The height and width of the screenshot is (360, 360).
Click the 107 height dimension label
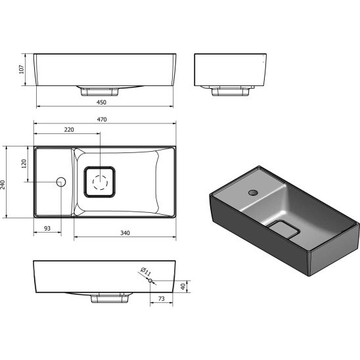(x=22, y=68)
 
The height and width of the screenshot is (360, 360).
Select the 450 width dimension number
(x=102, y=101)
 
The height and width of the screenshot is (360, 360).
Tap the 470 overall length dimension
(x=102, y=120)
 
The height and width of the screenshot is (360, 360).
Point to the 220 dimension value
(x=68, y=130)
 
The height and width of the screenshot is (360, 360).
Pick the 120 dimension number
(x=24, y=164)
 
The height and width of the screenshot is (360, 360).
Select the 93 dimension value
(x=47, y=228)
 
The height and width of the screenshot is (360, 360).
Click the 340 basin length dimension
(x=125, y=233)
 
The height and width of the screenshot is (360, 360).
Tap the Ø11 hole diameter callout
(x=146, y=271)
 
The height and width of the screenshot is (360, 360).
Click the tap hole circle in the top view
(x=61, y=182)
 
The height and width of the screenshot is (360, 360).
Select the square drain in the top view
(x=101, y=181)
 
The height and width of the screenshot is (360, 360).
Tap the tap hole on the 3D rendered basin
(x=253, y=192)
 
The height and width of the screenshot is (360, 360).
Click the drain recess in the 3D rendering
(x=284, y=230)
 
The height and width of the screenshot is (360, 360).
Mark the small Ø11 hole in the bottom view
(x=151, y=282)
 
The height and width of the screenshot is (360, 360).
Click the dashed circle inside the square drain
(x=101, y=182)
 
